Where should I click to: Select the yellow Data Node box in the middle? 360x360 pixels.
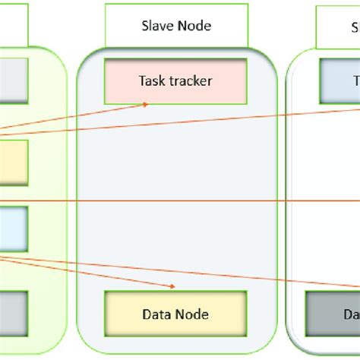coord(175,314)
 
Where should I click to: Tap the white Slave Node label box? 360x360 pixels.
coord(175,27)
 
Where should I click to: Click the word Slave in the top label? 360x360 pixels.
coord(156,27)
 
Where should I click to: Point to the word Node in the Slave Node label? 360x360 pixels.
coord(194,27)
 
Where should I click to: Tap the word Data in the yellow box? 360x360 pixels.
coord(157,314)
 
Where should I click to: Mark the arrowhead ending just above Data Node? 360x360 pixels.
coord(173,286)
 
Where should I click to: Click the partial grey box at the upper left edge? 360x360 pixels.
coord(14,79)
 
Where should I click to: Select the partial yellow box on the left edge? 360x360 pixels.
coord(14,162)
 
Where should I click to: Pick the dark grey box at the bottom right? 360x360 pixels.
coord(333,314)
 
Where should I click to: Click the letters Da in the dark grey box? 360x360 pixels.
coord(350,314)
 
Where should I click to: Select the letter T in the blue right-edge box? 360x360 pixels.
coord(355,80)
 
